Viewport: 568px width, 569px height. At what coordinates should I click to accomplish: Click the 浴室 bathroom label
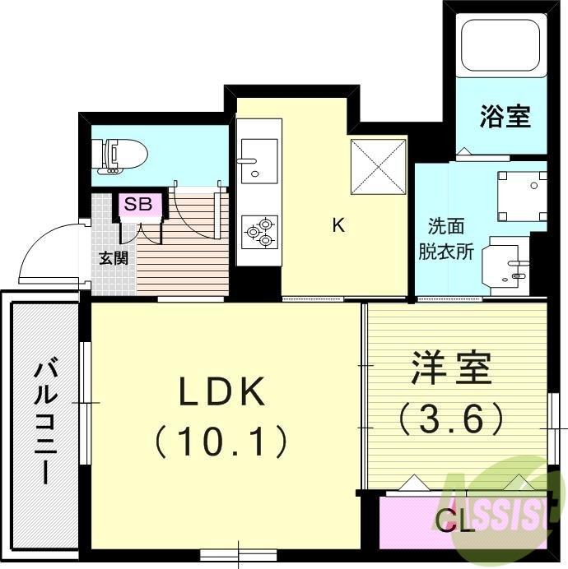[x=505, y=117]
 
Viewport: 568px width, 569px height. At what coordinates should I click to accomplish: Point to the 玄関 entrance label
[x=113, y=257]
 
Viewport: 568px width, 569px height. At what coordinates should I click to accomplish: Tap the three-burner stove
[x=258, y=231]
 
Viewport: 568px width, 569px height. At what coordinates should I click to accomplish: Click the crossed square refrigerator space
[x=379, y=167]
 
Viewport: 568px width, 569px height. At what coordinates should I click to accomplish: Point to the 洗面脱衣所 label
[x=449, y=238]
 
